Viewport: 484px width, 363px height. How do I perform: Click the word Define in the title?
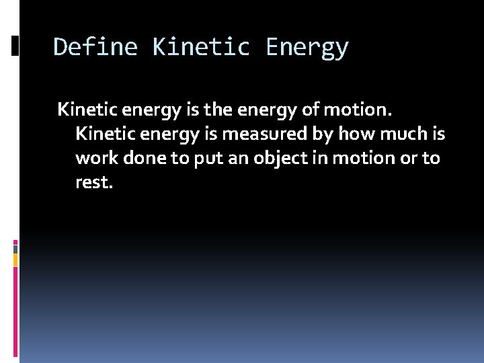click(x=95, y=48)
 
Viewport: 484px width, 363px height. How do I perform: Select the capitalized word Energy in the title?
click(x=307, y=48)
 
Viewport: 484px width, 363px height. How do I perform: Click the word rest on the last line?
click(x=93, y=182)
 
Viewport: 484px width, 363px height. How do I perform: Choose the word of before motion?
click(x=324, y=109)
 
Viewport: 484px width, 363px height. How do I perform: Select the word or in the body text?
click(x=409, y=158)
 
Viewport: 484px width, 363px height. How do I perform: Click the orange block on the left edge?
click(x=15, y=259)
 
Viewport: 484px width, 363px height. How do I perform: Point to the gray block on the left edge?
click(x=15, y=248)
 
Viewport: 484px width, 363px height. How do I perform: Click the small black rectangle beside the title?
click(x=15, y=46)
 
